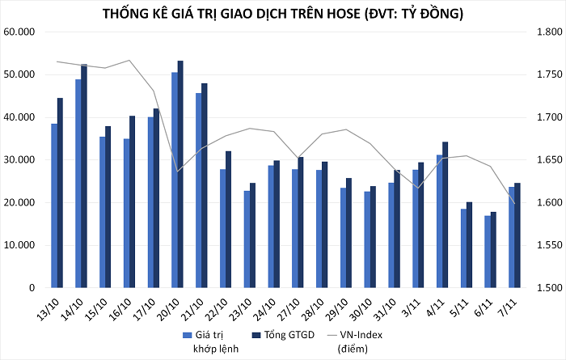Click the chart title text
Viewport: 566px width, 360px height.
coord(283,15)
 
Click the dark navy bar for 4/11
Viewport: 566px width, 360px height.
coord(445,214)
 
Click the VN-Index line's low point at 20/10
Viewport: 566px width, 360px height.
coord(177,172)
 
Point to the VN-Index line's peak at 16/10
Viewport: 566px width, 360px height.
coord(129,61)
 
